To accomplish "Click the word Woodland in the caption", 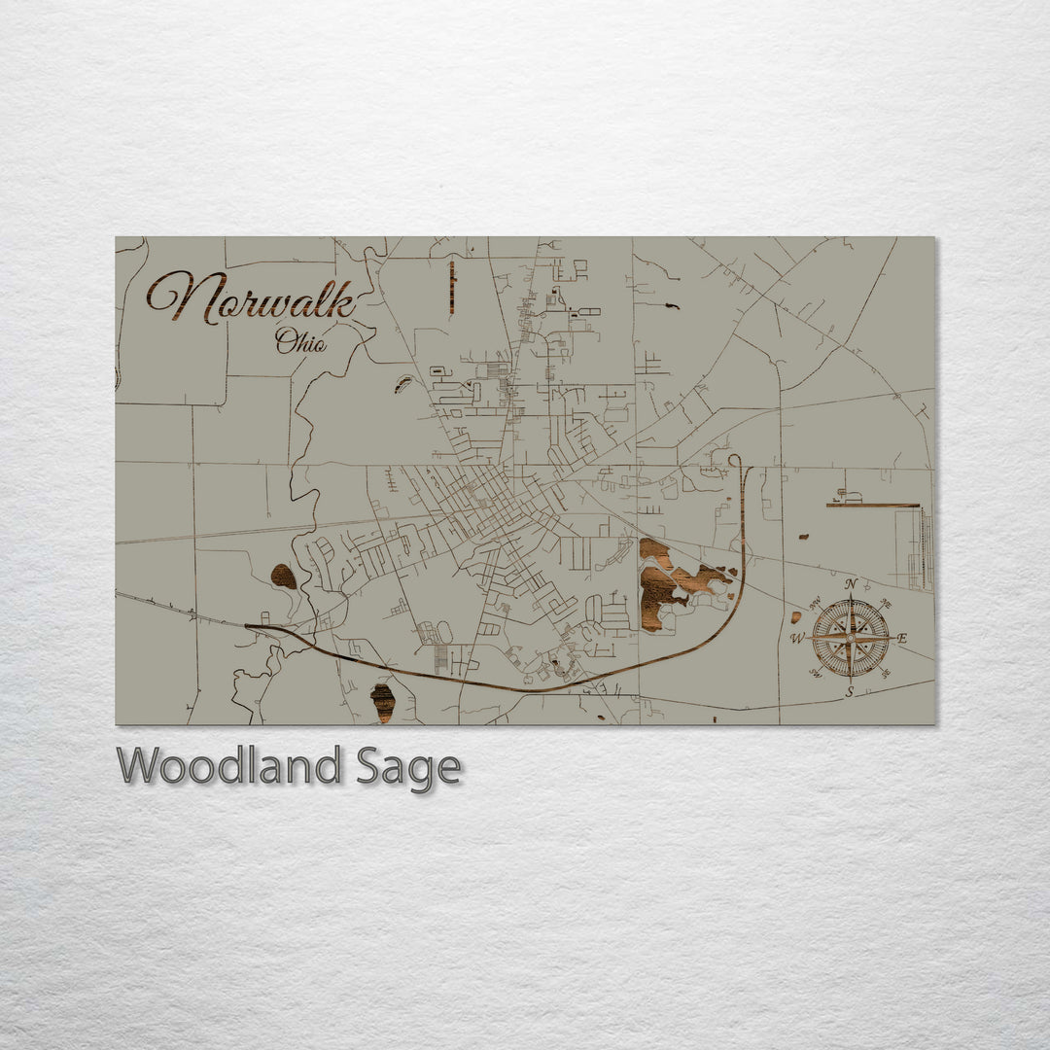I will coord(229,767).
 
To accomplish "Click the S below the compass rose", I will coord(849,692).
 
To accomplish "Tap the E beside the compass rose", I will coord(901,639).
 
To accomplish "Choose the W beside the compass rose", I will coord(797,639).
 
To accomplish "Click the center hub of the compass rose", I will coord(851,638).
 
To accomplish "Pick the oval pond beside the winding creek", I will coord(283,577).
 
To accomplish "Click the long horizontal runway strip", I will coord(872,506).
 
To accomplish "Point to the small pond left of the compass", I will coord(797,616).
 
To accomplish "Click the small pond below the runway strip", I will coord(803,536).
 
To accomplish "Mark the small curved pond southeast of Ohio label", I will coord(403,384).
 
